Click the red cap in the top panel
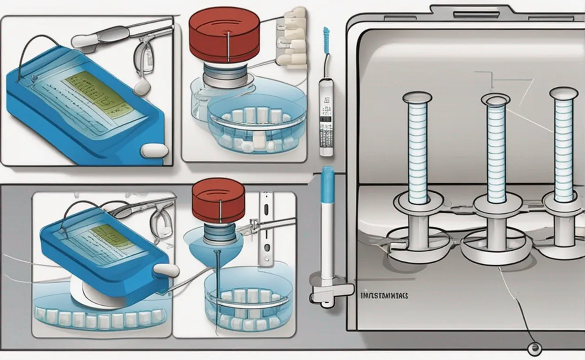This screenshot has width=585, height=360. coord(224,34)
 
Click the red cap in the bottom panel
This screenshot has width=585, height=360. coord(218,200)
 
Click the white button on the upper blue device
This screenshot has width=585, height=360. coord(154,150)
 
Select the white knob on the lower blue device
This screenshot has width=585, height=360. coord(167,270)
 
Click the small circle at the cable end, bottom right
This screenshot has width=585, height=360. coord(532,349)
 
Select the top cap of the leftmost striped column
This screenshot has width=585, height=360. coord(417,97)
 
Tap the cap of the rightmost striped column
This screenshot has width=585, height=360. coord(564,93)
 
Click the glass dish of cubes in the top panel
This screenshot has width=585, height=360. coord(251,128)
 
